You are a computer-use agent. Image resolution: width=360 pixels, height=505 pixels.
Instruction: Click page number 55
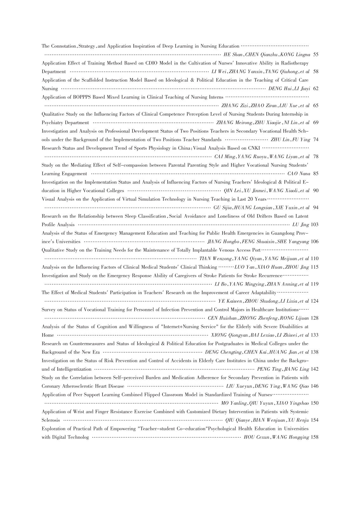316,55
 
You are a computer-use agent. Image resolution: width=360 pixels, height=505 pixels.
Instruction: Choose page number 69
316,123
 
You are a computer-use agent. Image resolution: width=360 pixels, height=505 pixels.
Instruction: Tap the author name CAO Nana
298,174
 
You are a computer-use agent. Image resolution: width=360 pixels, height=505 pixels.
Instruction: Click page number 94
316,208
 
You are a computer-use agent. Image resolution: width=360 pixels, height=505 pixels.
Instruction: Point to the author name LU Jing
300,225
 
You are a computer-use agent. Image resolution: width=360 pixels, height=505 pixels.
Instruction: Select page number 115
315,267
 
